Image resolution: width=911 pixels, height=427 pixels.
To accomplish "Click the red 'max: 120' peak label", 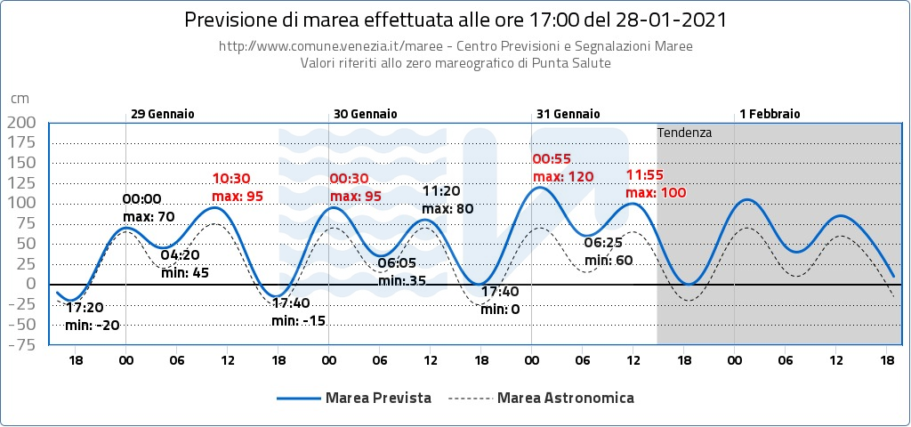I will [x=563, y=177].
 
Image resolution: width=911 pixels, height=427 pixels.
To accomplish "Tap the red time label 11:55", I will [x=644, y=174].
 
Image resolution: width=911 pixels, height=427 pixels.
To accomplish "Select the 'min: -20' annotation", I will [x=93, y=325].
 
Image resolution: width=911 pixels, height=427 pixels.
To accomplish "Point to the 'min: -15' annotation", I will [x=299, y=320].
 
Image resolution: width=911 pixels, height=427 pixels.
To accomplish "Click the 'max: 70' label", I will [x=149, y=216].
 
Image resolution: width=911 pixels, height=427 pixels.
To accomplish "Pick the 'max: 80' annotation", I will [x=447, y=209].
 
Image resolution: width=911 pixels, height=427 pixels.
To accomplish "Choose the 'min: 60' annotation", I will [x=609, y=260].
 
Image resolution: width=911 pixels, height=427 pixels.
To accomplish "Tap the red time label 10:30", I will [x=230, y=178].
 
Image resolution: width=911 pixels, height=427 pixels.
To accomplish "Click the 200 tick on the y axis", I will [x=21, y=122].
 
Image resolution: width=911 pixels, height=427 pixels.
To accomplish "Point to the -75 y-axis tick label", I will [x=21, y=345].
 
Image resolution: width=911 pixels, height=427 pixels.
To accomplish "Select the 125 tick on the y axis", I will [x=21, y=182].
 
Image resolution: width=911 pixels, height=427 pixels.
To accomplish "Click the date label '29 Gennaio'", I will [x=162, y=114].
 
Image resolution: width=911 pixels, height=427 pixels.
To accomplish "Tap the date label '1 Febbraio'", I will [x=770, y=114].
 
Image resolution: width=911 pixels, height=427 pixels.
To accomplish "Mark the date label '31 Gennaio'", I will [x=568, y=114].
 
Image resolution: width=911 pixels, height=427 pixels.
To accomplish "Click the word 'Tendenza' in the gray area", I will [x=684, y=133].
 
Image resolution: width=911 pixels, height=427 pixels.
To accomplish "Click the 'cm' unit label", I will [x=19, y=99].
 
